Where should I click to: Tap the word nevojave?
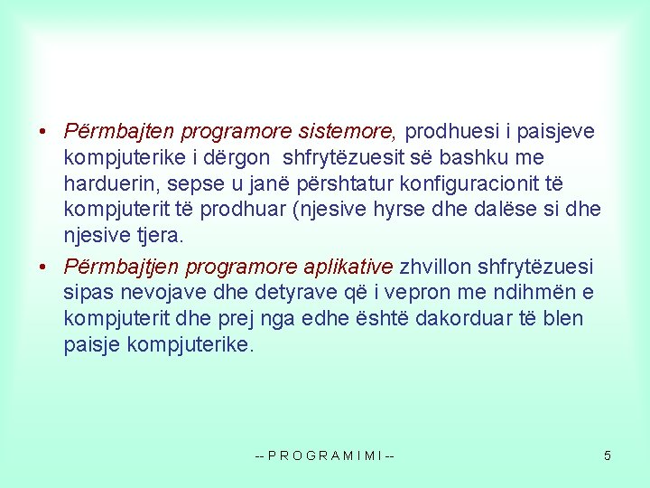pos(146,292)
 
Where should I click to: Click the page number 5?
pos(608,455)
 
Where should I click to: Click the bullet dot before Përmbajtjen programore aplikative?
pos(43,267)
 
